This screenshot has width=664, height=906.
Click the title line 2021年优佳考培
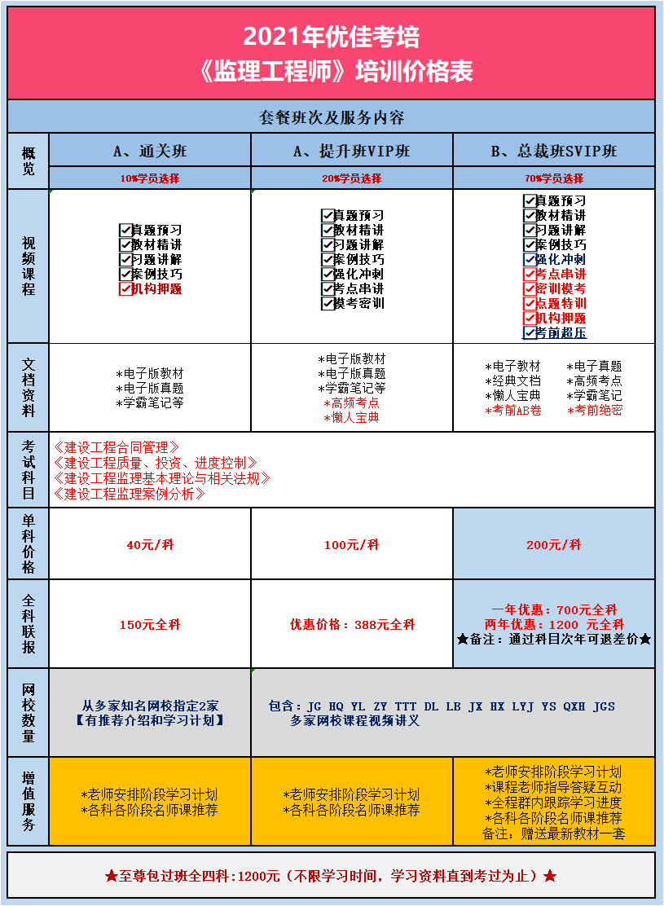tap(332, 37)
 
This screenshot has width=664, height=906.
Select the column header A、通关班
tap(150, 151)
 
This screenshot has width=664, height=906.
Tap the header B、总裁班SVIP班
tap(554, 151)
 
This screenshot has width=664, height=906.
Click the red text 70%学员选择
tap(554, 178)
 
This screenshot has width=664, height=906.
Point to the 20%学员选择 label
tap(351, 178)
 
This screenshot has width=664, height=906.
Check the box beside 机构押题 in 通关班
tap(125, 288)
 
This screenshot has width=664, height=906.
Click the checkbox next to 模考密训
tap(328, 303)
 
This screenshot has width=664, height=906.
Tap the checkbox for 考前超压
tap(530, 332)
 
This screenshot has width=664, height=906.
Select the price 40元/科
tap(150, 544)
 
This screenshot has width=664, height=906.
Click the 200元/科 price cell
tap(554, 544)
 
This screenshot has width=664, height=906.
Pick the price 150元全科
tap(150, 624)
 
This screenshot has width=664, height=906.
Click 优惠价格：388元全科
tap(352, 624)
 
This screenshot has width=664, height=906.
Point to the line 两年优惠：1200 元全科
tap(554, 624)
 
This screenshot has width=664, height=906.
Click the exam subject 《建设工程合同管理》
tap(116, 447)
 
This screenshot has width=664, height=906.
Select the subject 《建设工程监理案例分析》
tap(129, 494)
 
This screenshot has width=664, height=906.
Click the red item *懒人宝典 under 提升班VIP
tap(351, 417)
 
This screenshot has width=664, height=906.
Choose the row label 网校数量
tap(29, 712)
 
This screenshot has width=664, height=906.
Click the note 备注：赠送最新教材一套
tap(554, 833)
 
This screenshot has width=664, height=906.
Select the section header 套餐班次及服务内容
tap(332, 117)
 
